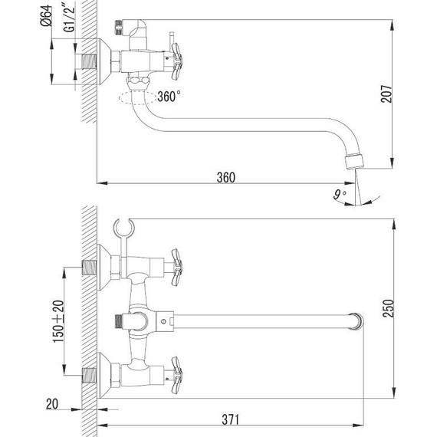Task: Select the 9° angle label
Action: coord(340,195)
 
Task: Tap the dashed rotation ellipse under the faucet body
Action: coord(138,97)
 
